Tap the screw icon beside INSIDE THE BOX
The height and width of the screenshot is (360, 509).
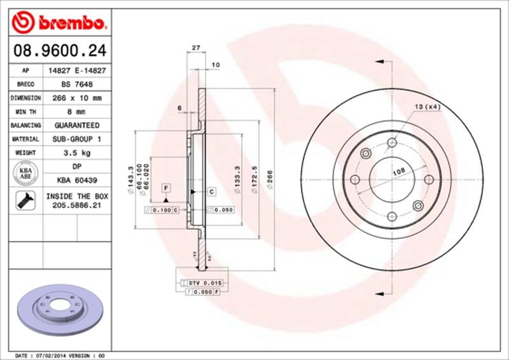tap(24, 202)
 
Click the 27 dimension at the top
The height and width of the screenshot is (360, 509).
tap(196, 48)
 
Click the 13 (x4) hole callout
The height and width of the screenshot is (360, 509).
tap(428, 107)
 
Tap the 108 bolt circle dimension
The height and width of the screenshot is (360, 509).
tap(398, 171)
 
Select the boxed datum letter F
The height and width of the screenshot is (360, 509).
tap(165, 188)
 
